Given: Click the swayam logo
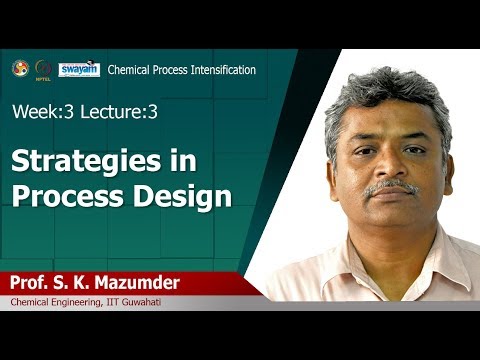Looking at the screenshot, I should coord(79,69).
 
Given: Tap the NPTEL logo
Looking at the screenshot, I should coord(43,69).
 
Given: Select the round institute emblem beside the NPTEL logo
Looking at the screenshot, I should coord(20,68).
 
